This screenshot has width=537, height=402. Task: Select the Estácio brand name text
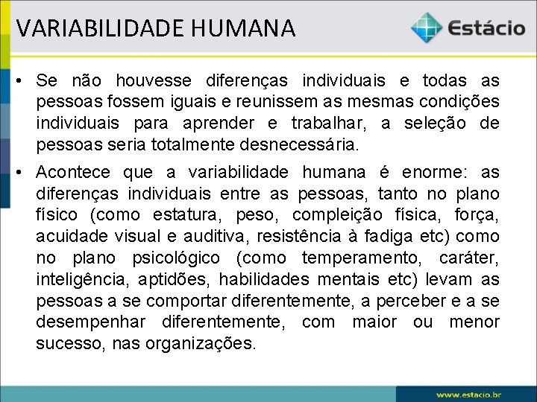pos(487,29)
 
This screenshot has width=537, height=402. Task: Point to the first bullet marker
pos(22,80)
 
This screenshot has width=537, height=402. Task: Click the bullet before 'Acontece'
pos(22,173)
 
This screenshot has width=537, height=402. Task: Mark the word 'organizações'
pos(207,343)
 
